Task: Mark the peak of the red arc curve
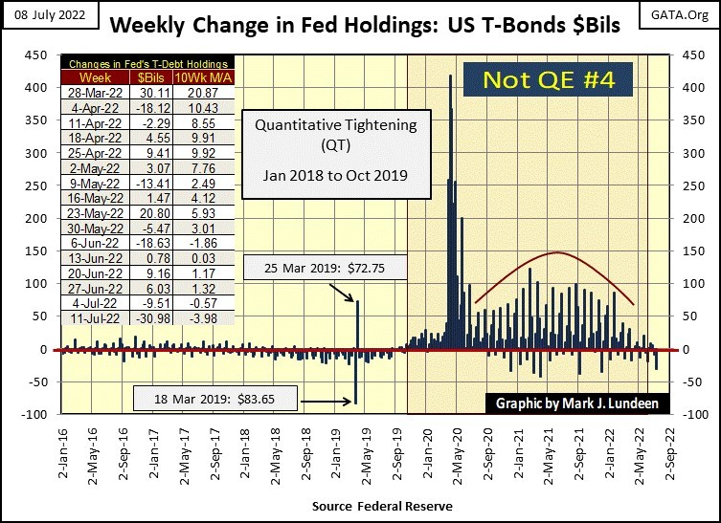click(556, 252)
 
